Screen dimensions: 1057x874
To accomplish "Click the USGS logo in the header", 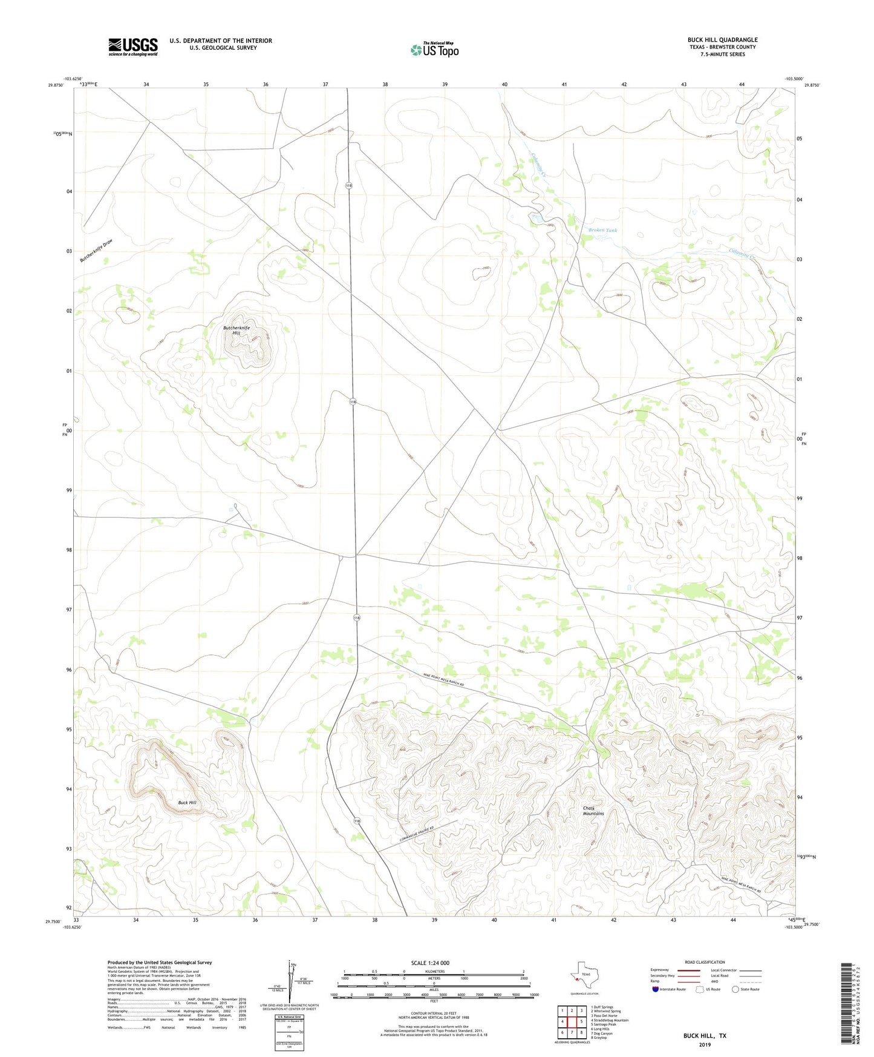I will (132, 47).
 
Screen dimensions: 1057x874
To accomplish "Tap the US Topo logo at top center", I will (434, 49).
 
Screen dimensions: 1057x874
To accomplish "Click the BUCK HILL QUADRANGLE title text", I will (722, 40).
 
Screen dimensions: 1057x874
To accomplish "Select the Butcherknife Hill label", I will (236, 331).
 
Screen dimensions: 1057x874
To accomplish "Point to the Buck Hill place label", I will (187, 803).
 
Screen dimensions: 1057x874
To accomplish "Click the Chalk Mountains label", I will (593, 811).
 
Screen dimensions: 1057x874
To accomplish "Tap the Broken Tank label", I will (602, 230).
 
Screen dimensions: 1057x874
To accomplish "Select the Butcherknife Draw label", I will (96, 251).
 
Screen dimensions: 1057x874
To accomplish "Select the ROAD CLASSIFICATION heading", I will (705, 962).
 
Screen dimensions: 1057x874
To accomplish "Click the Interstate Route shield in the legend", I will (656, 989).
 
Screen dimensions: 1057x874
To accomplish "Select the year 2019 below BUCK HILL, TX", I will (705, 1044).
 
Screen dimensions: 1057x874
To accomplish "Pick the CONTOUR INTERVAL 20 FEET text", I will (433, 1013).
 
